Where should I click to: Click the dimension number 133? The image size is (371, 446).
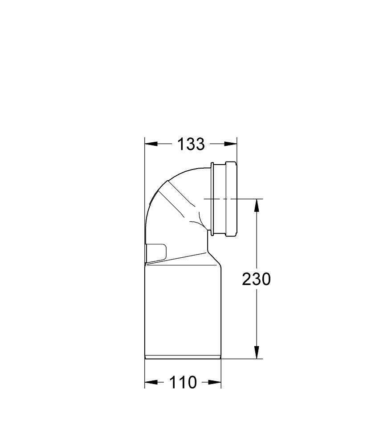pos(191,144)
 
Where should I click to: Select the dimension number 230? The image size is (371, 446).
pos(256,279)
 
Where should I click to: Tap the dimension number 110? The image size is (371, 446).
pos(183,382)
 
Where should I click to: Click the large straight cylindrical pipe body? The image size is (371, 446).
pos(183,312)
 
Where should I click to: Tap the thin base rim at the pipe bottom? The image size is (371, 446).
pos(183,356)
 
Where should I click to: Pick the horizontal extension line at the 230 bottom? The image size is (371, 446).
pos(243,358)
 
